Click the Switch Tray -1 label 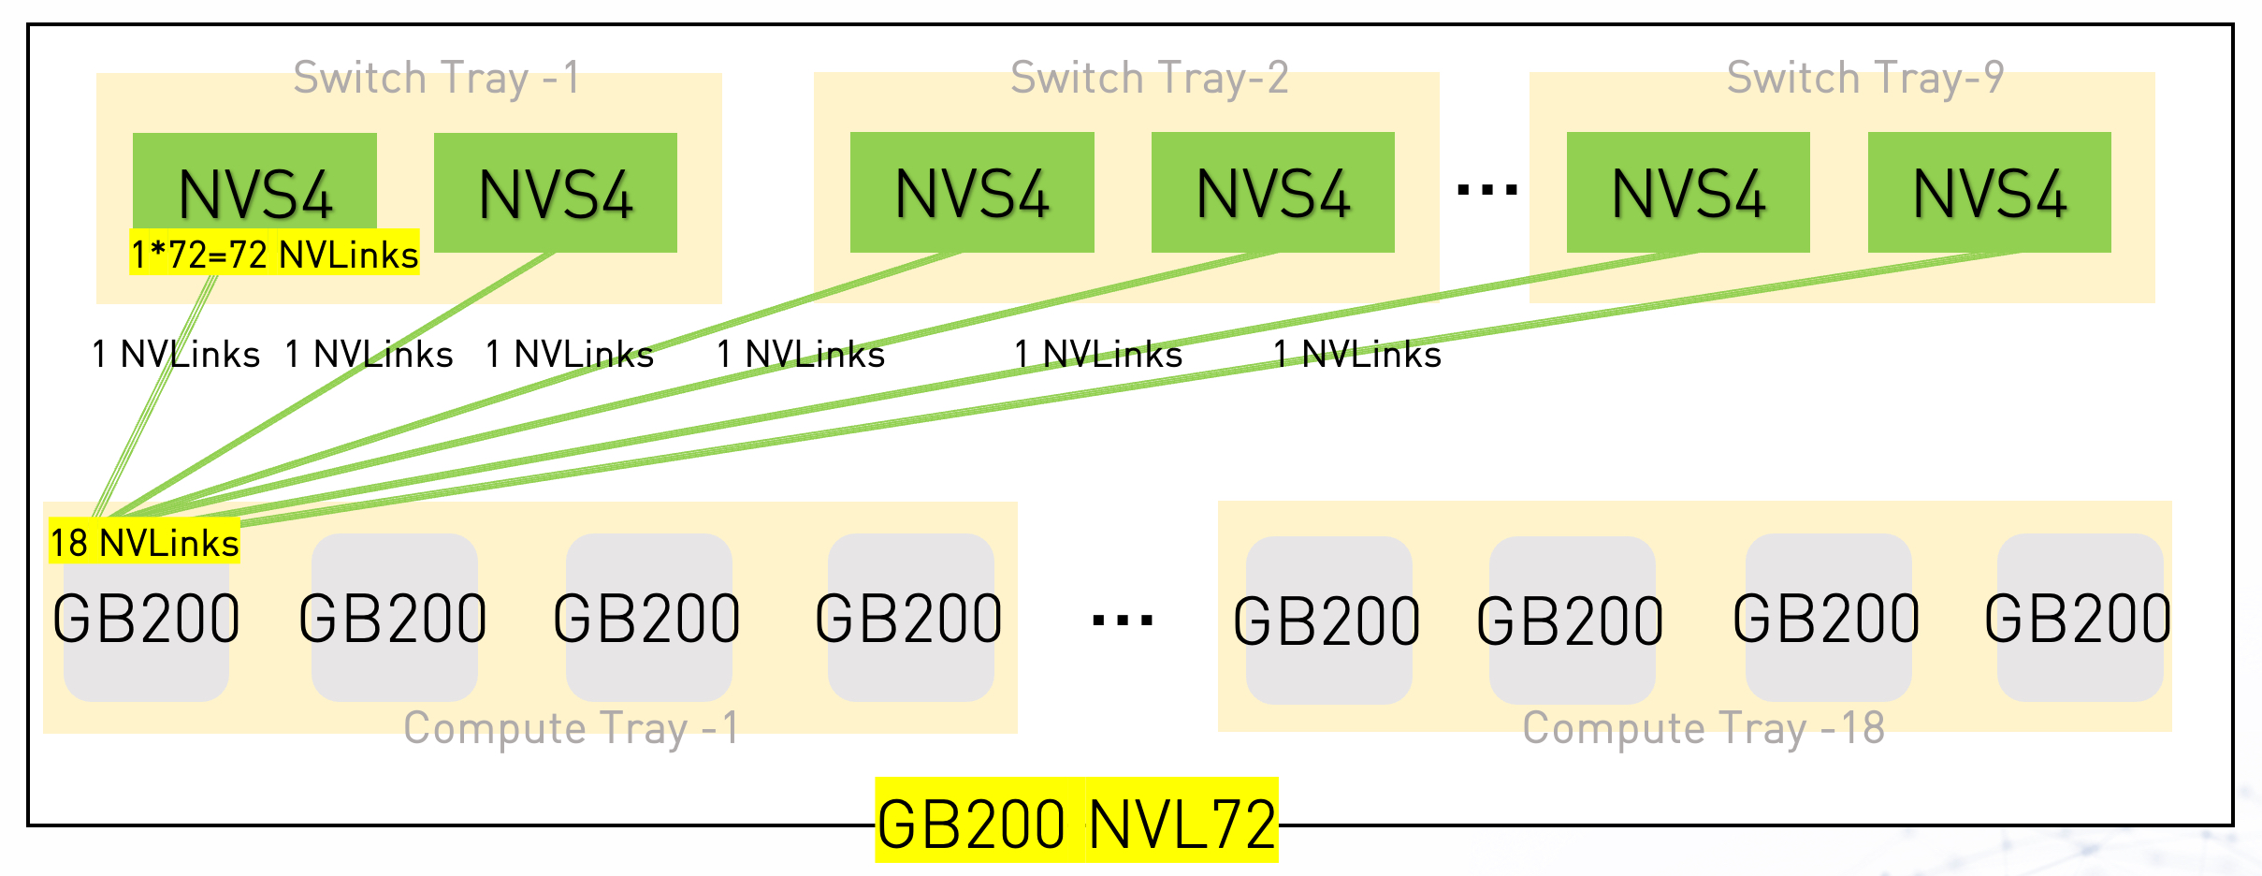pos(437,78)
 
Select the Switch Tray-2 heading pos(1150,78)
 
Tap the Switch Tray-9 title pos(1865,78)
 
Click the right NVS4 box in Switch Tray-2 pos(1272,193)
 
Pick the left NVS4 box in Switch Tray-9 pos(1688,193)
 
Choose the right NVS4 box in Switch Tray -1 pos(555,193)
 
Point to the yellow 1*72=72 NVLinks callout pos(274,254)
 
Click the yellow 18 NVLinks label pos(144,543)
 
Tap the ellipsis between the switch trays pos(1486,191)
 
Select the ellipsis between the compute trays pos(1122,620)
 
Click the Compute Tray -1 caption pos(571,728)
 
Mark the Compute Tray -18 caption pos(1703,728)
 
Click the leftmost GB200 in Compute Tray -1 pos(146,620)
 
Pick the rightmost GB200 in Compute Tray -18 pos(2078,620)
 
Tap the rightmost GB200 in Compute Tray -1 pos(909,620)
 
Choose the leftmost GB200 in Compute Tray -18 pos(1327,621)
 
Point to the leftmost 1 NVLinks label pos(176,355)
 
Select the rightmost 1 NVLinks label pos(1356,355)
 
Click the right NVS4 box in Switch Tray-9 pos(1989,193)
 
